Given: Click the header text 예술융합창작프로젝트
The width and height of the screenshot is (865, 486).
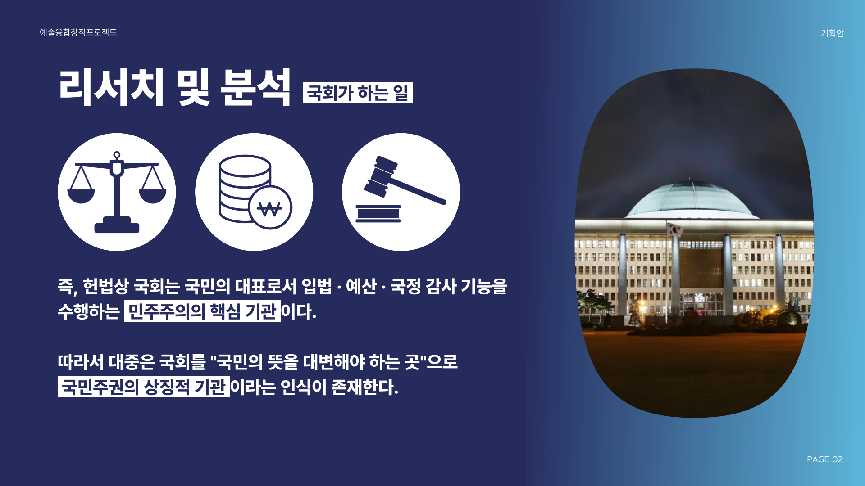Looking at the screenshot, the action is [x=78, y=32].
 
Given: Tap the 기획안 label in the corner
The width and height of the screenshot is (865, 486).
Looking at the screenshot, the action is [x=832, y=33].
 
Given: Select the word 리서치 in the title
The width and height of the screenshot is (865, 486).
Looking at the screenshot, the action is [x=111, y=88].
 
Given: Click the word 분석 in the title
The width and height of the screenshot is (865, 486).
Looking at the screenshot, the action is [x=255, y=88].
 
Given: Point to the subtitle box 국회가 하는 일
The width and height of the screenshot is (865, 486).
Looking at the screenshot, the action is [x=358, y=93].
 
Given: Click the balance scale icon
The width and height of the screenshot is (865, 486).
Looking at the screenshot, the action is [x=117, y=192].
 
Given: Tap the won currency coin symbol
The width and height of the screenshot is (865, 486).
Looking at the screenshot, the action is [x=270, y=208].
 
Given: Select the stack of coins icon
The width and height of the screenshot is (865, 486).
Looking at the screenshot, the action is [x=245, y=189].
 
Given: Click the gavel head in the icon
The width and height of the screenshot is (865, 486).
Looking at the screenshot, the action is [x=381, y=176].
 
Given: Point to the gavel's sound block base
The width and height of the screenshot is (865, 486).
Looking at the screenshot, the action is [x=378, y=214].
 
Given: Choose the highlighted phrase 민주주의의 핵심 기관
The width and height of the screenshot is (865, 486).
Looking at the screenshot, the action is [x=202, y=311].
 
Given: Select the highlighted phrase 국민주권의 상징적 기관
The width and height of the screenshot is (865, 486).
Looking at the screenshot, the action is [x=144, y=387].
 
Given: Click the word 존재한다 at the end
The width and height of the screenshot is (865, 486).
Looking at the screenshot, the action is [x=364, y=387].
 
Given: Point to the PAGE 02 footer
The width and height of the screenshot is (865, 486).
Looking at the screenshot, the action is [x=824, y=459].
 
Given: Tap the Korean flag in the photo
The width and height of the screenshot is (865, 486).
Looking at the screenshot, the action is [x=674, y=230].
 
